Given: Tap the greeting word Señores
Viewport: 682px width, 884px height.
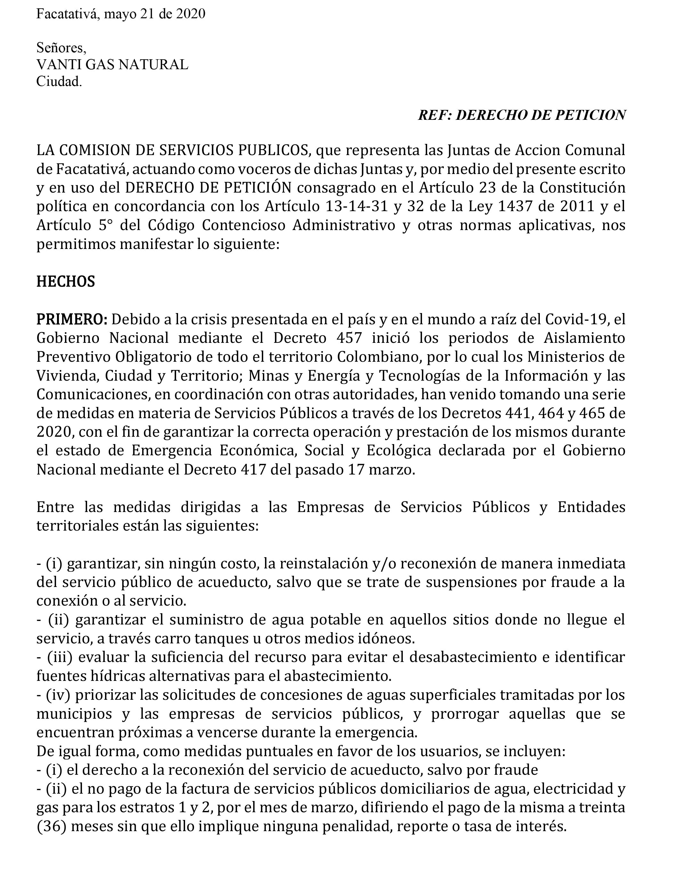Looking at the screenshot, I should pyautogui.click(x=61, y=48).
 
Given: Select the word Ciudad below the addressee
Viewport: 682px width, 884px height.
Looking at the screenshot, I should pyautogui.click(x=59, y=82).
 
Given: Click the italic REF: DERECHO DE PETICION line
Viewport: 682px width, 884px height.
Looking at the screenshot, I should pyautogui.click(x=522, y=115).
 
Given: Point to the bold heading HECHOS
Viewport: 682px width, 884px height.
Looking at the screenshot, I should pyautogui.click(x=66, y=282).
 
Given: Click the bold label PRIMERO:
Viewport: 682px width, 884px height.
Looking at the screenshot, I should pyautogui.click(x=72, y=319).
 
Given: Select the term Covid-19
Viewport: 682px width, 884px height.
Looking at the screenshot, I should pyautogui.click(x=577, y=319).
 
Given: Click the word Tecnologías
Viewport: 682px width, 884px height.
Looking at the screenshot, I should pyautogui.click(x=417, y=376).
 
